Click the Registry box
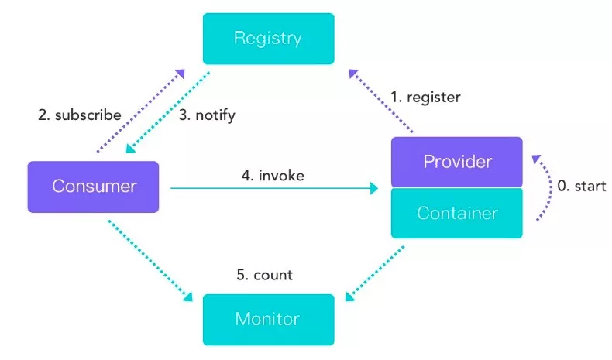[269, 39]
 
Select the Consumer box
[93, 187]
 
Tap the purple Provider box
[456, 162]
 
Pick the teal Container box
[456, 213]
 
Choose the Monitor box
[269, 320]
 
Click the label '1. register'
[425, 98]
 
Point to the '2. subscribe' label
[80, 115]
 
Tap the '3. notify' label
[207, 115]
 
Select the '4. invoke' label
[273, 176]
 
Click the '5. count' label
[265, 275]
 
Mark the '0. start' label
[582, 186]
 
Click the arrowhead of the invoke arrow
[374, 188]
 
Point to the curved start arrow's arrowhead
[536, 159]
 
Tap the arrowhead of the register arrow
[353, 74]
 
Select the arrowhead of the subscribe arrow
[180, 74]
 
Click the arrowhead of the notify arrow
[131, 148]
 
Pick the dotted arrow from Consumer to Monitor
[150, 261]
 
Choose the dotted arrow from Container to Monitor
[375, 274]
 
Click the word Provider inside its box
[457, 162]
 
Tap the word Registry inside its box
[268, 39]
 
